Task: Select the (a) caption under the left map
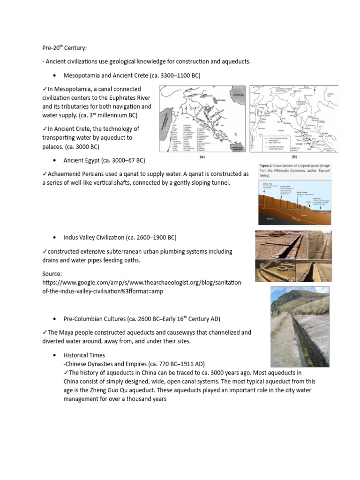202,158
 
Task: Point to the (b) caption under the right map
294,158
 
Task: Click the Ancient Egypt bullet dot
55,160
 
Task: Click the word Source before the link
52,274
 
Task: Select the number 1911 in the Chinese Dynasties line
188,364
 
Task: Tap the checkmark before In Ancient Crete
45,129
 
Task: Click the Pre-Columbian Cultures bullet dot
55,319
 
